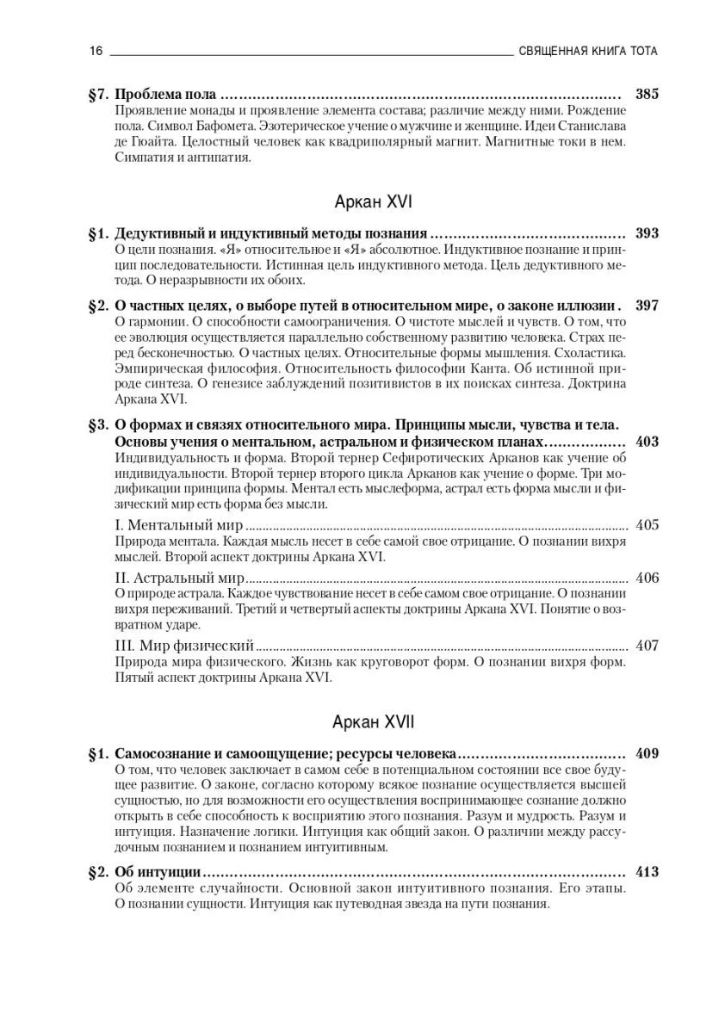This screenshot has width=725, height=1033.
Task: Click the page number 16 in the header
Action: pyautogui.click(x=96, y=51)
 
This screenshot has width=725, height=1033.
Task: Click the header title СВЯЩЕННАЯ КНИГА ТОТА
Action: pyautogui.click(x=589, y=51)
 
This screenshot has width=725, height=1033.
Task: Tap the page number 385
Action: pyautogui.click(x=647, y=94)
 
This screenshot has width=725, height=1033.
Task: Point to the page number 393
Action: pyautogui.click(x=647, y=233)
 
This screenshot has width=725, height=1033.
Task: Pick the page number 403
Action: pyautogui.click(x=647, y=442)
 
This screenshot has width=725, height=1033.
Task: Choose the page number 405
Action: pyautogui.click(x=647, y=525)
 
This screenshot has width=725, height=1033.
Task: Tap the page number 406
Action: pyautogui.click(x=647, y=578)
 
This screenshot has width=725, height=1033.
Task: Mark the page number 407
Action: pyautogui.click(x=647, y=645)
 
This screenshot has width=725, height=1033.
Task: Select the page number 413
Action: pyautogui.click(x=647, y=872)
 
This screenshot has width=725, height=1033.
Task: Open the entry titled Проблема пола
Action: pyautogui.click(x=164, y=94)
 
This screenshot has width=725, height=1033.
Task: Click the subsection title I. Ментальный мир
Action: pyautogui.click(x=178, y=525)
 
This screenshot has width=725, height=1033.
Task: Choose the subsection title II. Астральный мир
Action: pyautogui.click(x=180, y=578)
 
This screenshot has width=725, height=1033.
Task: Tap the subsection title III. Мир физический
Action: pyautogui.click(x=184, y=645)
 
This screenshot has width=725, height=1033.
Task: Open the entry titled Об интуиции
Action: pyautogui.click(x=158, y=872)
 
